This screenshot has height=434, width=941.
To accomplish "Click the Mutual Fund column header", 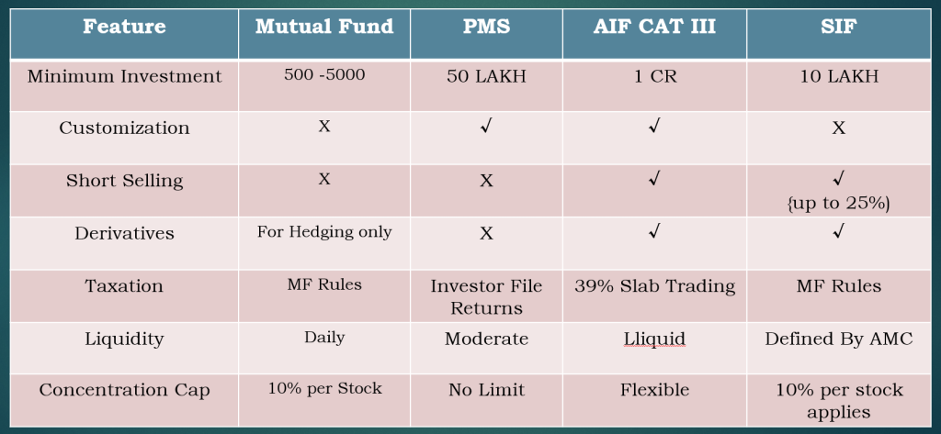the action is point(324,27).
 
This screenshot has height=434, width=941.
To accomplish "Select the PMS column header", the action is point(486,27).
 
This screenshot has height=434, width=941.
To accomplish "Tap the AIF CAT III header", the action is point(654,27).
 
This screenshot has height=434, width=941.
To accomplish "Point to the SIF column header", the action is point(838,27).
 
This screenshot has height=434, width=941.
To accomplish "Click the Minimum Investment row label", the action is point(124,77).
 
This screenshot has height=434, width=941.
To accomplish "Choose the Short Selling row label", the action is point(124,181).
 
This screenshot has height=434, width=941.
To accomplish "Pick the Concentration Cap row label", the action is point(124,390).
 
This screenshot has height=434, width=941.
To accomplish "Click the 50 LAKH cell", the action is point(486,77).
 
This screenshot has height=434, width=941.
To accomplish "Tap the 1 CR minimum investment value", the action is point(654,77).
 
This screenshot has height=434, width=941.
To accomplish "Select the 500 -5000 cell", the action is point(324,75).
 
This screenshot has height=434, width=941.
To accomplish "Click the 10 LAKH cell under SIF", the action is point(838,77).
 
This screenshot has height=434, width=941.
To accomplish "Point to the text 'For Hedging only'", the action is point(324,232).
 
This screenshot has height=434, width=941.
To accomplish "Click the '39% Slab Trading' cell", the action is point(654,286).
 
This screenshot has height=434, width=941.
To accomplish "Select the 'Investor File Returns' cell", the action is point(486,296).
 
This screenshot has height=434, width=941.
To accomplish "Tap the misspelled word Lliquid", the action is point(654,339).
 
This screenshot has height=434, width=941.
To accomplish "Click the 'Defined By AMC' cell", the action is point(838,339).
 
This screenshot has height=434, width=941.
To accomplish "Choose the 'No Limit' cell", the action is point(486,390).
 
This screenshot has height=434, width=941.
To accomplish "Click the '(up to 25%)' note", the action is point(838,203).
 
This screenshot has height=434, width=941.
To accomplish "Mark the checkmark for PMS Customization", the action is point(486,128).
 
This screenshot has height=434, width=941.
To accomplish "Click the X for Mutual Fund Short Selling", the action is point(324,179).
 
